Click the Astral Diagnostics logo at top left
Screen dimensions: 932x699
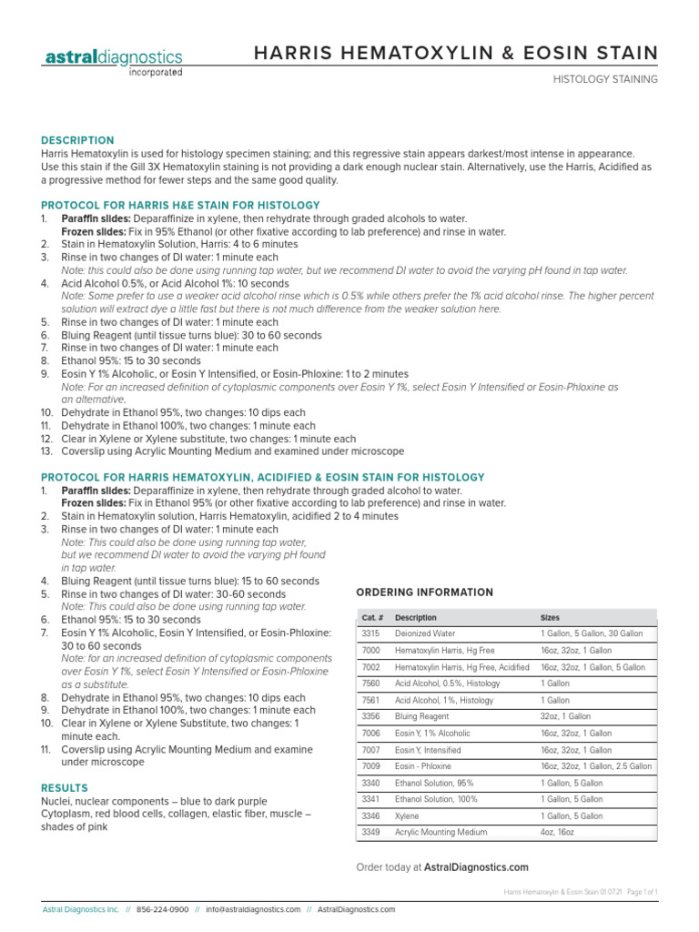click(113, 61)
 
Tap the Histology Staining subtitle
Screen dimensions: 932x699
click(605, 80)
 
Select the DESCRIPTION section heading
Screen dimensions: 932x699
click(77, 140)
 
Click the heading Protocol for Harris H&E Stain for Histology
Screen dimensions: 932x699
click(180, 205)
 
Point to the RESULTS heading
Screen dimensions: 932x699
click(65, 787)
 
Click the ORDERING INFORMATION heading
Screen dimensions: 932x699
click(424, 593)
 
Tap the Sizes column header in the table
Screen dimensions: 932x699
click(551, 617)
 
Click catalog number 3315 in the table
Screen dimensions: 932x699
click(370, 633)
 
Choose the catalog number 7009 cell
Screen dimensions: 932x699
click(370, 766)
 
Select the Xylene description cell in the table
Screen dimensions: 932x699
click(407, 816)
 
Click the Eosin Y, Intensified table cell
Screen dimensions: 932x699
click(428, 750)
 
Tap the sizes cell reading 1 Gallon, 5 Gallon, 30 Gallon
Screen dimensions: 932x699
click(591, 633)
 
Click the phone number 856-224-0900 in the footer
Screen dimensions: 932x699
click(163, 909)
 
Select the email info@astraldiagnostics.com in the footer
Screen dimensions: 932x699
click(253, 909)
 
